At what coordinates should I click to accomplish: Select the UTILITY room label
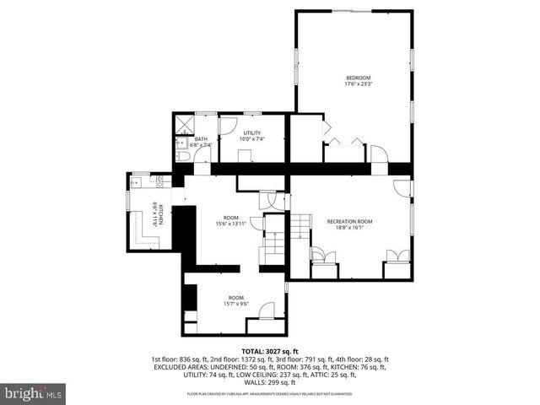[252, 132]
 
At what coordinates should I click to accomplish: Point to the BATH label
[201, 139]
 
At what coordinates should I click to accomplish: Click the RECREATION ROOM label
[350, 221]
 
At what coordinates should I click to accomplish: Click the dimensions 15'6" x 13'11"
[229, 224]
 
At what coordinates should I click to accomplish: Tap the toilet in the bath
[183, 157]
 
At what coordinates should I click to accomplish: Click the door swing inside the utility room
[229, 127]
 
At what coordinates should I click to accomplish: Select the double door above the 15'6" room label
[268, 200]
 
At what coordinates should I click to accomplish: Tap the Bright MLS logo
[33, 393]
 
